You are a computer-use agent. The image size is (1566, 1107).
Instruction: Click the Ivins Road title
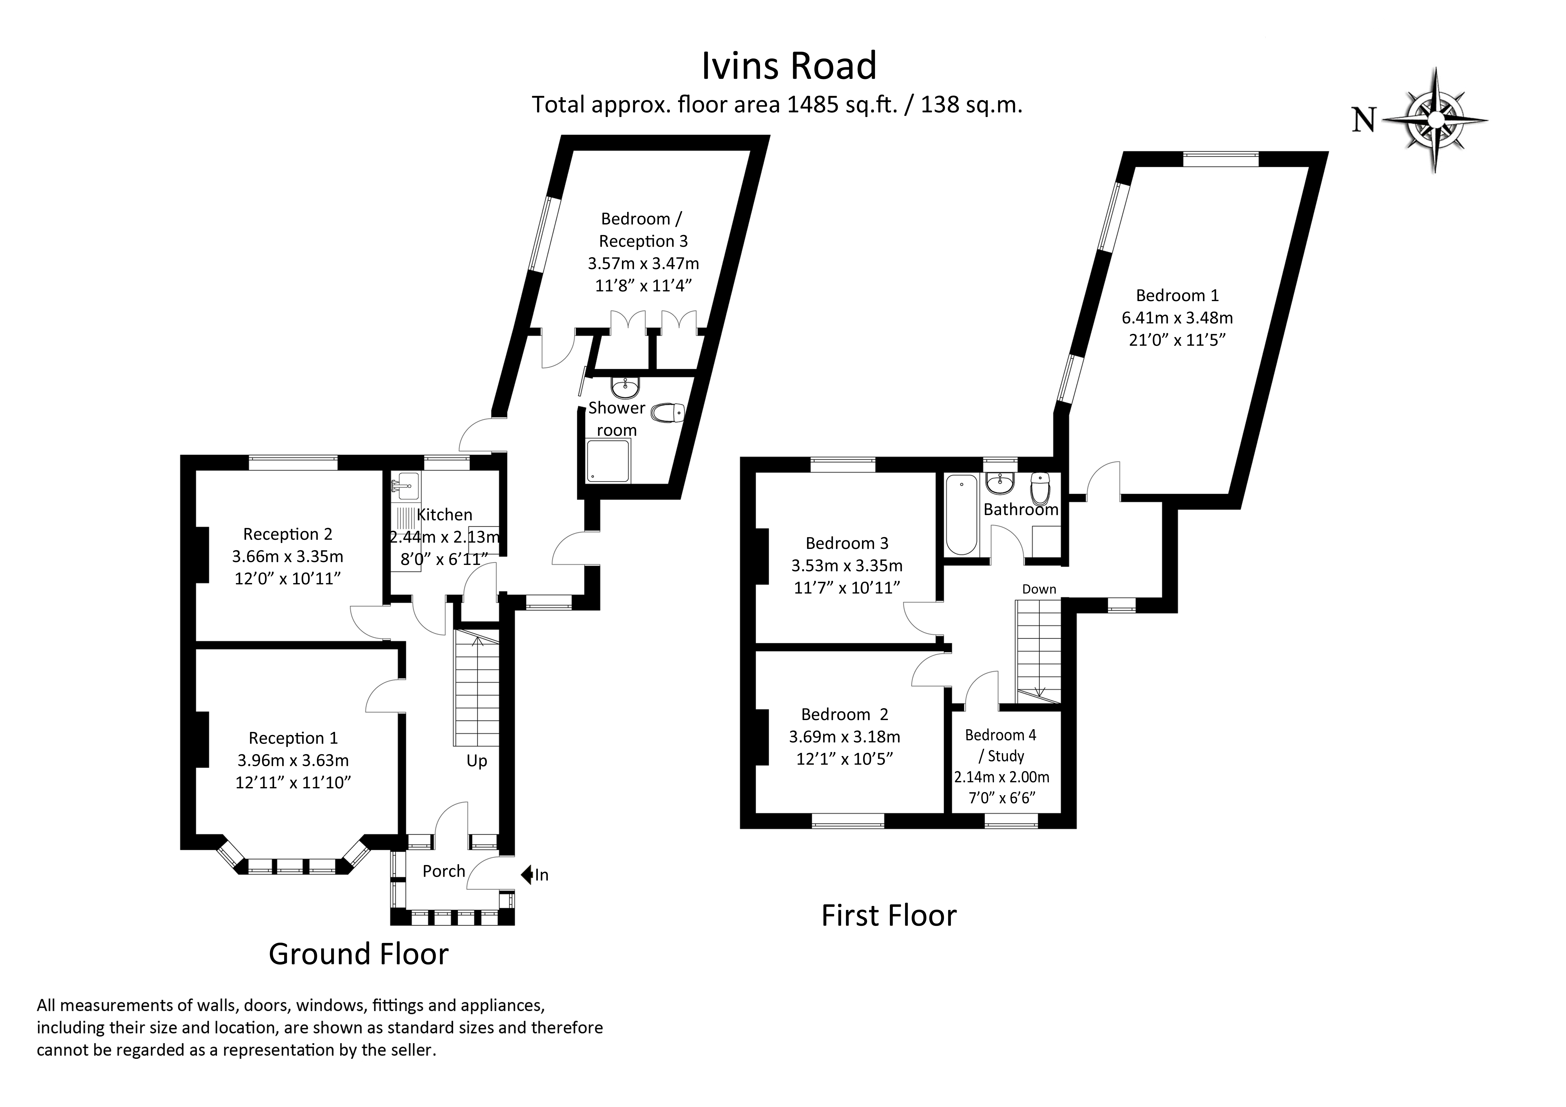789,66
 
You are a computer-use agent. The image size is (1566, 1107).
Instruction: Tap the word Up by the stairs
477,761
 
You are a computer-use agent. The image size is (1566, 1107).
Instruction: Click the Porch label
443,871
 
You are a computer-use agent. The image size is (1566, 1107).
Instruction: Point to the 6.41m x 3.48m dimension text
1177,318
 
